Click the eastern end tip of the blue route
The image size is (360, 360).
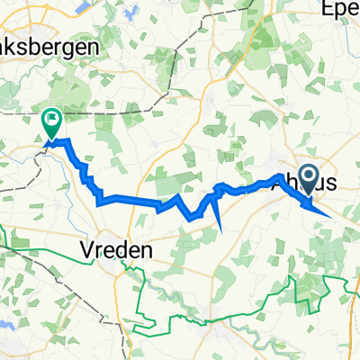point(334,217)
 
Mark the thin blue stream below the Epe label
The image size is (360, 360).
point(334,45)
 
